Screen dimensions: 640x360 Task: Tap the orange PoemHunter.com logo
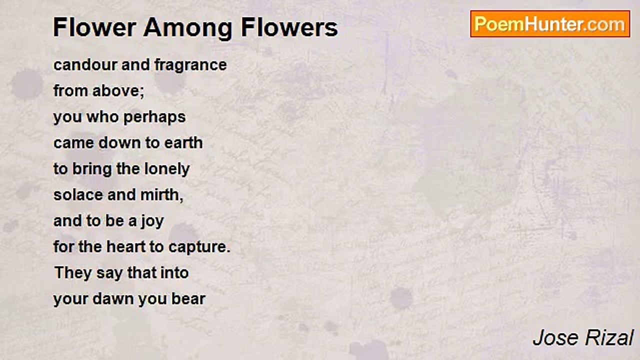tap(550, 24)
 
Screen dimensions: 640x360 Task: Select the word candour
tap(85, 64)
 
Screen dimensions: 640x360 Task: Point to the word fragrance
tap(190, 65)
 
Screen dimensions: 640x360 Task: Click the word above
tap(118, 91)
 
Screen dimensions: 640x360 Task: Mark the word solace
tap(78, 195)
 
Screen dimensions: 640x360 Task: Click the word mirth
tap(161, 195)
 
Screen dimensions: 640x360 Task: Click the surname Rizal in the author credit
tap(609, 338)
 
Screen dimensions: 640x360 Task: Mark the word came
tap(73, 143)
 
